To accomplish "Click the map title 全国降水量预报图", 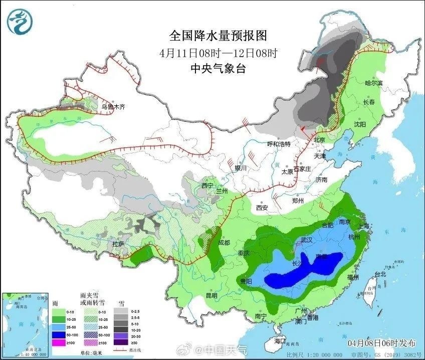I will coord(218,36).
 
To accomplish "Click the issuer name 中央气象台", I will coord(218,69).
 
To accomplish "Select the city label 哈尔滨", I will coord(373,83).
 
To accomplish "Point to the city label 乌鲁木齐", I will coord(113,107).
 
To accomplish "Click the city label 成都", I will coord(224,243).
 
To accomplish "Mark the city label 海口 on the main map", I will coord(280,341).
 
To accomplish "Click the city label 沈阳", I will coord(360,124).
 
